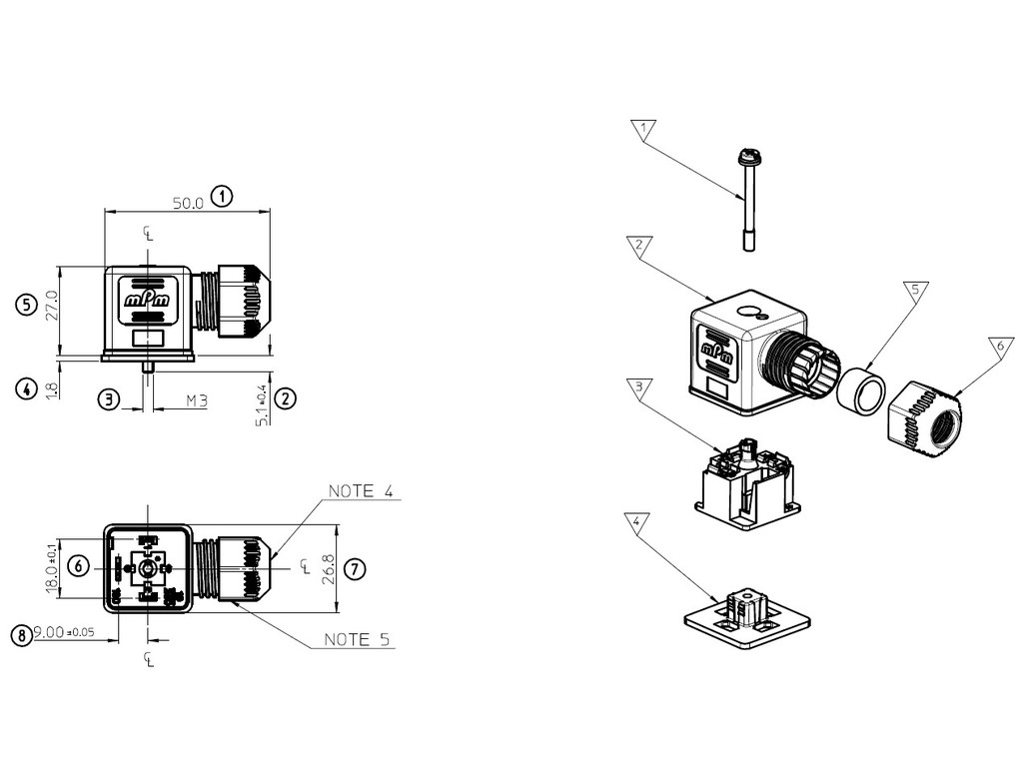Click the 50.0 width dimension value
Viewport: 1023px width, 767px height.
(x=188, y=203)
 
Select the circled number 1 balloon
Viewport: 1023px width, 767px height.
(x=223, y=196)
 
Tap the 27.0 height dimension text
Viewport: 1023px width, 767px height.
(x=52, y=306)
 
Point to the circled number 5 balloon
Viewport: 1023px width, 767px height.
(x=26, y=305)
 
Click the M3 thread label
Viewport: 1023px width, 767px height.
(x=197, y=400)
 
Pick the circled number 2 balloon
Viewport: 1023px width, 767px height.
(x=286, y=398)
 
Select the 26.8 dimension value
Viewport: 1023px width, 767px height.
(x=328, y=568)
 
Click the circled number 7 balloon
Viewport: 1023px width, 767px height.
(x=355, y=569)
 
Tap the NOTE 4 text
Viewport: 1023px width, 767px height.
(x=361, y=491)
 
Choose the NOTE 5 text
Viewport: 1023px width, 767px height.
(x=357, y=640)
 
